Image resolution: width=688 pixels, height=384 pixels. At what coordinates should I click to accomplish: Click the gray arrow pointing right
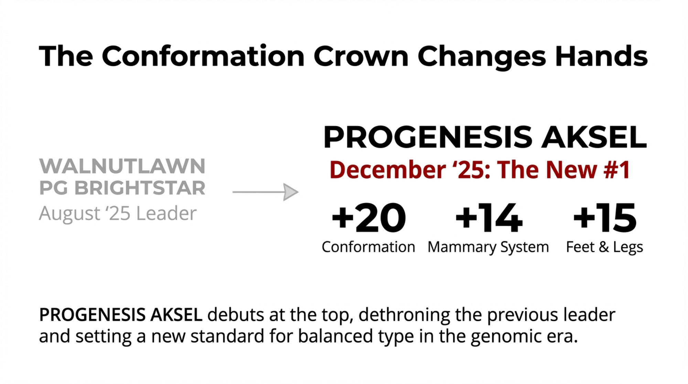(x=265, y=192)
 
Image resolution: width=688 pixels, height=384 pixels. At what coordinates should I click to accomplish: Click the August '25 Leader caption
(x=118, y=213)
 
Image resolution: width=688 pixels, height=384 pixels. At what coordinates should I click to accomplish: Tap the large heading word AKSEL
(x=594, y=137)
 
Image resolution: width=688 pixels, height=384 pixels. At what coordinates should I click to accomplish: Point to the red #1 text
(x=617, y=170)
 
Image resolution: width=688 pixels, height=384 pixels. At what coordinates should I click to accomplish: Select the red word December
(x=387, y=170)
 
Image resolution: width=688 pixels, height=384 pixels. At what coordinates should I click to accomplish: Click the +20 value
(x=368, y=217)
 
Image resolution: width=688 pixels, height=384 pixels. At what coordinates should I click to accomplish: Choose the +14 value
(x=489, y=217)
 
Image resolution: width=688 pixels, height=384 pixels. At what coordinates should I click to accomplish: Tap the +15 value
(x=605, y=217)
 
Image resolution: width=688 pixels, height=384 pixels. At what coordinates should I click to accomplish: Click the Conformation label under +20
(x=368, y=247)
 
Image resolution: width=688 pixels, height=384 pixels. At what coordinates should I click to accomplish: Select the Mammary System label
(x=488, y=247)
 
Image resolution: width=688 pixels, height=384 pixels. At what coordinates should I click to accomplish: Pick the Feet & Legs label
(x=604, y=247)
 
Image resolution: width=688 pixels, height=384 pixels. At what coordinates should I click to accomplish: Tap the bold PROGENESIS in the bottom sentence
(x=92, y=314)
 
